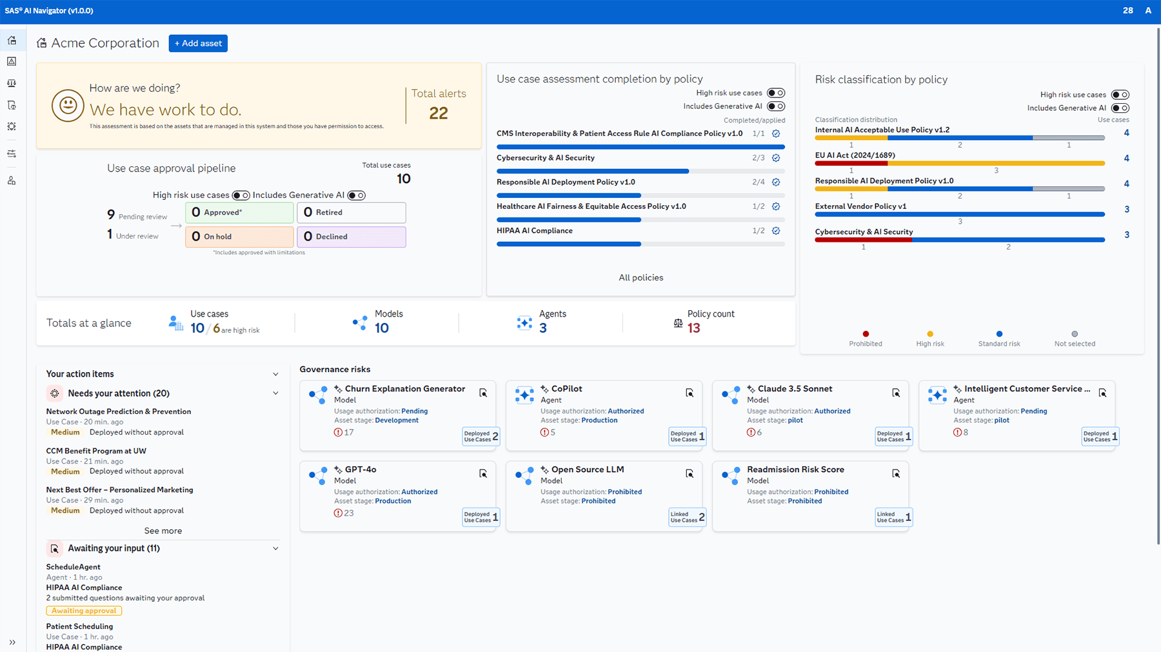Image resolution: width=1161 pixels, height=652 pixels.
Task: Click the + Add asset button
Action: pyautogui.click(x=198, y=43)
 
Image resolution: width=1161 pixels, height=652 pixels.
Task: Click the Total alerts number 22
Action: pyautogui.click(x=439, y=114)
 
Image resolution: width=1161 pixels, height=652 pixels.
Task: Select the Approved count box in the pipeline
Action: pyautogui.click(x=239, y=212)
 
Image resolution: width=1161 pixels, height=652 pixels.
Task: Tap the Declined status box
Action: pyautogui.click(x=351, y=237)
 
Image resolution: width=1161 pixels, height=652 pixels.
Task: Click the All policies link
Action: pyautogui.click(x=640, y=278)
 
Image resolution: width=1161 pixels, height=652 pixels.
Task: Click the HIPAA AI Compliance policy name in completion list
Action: pyautogui.click(x=534, y=231)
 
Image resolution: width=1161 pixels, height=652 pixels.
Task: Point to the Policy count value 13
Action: pyautogui.click(x=694, y=328)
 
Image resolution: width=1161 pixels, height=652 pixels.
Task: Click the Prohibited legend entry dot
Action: pyautogui.click(x=866, y=334)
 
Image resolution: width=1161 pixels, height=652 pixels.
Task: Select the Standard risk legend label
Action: pyautogui.click(x=999, y=344)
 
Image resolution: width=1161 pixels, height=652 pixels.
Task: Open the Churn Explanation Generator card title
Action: pyautogui.click(x=404, y=389)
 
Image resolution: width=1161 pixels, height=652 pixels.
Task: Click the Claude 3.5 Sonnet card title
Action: pyautogui.click(x=795, y=389)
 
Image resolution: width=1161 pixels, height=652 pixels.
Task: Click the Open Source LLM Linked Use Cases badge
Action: pyautogui.click(x=687, y=517)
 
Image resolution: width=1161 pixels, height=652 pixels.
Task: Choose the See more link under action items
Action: pyautogui.click(x=163, y=531)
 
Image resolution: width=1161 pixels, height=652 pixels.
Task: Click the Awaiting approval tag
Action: pyautogui.click(x=84, y=611)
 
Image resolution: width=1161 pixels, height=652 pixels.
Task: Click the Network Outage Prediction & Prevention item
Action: pyautogui.click(x=118, y=411)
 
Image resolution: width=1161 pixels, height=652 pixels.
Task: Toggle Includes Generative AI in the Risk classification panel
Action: pyautogui.click(x=1120, y=108)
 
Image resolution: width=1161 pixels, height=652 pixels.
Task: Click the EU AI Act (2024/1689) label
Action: pyautogui.click(x=855, y=155)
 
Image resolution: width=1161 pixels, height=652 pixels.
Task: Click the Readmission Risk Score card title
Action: pyautogui.click(x=795, y=469)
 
